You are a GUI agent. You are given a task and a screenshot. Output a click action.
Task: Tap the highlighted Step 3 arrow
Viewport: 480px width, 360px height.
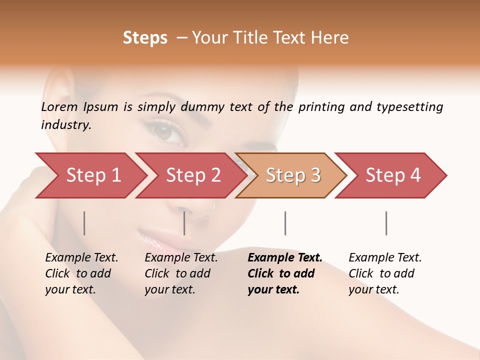pos(293,175)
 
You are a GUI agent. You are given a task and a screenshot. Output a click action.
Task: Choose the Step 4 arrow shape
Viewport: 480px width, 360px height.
pos(393,175)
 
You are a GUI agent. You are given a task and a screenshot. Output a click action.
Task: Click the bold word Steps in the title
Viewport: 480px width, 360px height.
pos(145,38)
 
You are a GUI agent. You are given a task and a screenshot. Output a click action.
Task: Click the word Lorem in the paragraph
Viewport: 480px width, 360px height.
pos(59,106)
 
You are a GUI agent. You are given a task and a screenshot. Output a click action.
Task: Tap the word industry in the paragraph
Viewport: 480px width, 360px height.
pos(66,124)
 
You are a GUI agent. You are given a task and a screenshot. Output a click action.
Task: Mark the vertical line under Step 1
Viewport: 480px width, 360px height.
pos(84,223)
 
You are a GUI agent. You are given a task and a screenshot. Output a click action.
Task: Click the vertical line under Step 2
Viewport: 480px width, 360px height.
pos(184,223)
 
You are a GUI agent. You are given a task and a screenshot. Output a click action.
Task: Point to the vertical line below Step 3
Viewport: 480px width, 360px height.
pos(285,223)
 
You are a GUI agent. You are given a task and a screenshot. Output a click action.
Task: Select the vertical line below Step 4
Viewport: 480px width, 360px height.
pos(386,223)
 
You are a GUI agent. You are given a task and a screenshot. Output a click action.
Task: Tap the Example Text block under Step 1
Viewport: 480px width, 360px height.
pos(81,273)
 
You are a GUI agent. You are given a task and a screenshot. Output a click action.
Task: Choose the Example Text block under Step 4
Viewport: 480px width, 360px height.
pos(385,273)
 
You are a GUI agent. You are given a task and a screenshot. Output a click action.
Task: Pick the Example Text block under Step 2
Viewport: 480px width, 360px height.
pos(181,273)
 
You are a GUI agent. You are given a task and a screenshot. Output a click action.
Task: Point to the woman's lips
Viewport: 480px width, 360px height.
pos(152,239)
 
